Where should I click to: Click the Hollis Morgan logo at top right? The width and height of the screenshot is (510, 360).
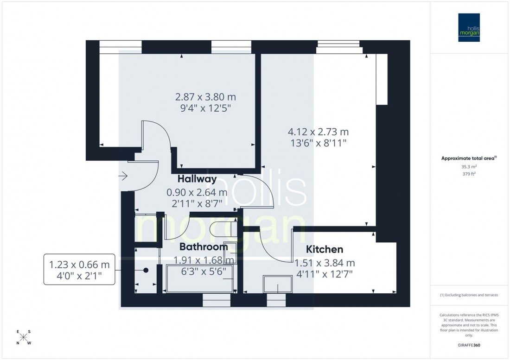click(x=470, y=27)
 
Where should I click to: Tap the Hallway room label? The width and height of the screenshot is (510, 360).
click(x=197, y=179)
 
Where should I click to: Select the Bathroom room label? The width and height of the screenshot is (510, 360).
click(x=204, y=246)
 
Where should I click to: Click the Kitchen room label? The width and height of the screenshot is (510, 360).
click(x=324, y=250)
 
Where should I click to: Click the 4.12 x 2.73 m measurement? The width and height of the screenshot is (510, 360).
click(x=318, y=132)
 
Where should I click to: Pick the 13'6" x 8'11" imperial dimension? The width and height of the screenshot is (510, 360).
click(x=318, y=143)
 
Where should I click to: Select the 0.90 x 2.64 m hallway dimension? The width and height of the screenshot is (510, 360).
click(x=198, y=192)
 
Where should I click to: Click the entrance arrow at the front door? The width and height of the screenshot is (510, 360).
click(x=123, y=176)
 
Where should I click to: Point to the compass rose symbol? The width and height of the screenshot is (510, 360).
click(x=24, y=337)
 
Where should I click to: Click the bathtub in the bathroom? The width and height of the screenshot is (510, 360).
click(x=199, y=278)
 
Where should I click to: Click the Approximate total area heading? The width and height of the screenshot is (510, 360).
click(x=469, y=158)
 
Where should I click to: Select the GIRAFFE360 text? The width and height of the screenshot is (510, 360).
click(x=469, y=346)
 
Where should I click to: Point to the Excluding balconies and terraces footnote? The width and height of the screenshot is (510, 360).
click(x=469, y=295)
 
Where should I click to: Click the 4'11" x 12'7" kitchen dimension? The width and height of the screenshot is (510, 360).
click(x=324, y=274)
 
